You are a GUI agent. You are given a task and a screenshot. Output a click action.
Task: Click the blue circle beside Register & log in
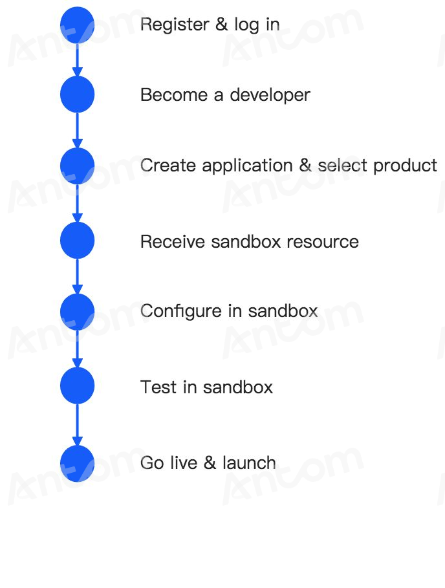(x=77, y=25)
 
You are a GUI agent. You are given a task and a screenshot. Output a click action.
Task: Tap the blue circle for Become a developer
(x=77, y=94)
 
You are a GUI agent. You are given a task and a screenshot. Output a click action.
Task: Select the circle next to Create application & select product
(x=77, y=166)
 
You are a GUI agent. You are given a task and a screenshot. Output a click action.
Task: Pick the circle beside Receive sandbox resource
(x=77, y=240)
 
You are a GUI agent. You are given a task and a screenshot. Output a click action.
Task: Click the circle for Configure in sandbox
(x=77, y=312)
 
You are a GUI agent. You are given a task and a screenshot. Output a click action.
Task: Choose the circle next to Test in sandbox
(x=77, y=386)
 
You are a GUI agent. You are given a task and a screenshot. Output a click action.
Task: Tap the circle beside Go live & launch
(x=77, y=464)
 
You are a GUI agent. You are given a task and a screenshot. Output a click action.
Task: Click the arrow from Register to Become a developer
(x=77, y=60)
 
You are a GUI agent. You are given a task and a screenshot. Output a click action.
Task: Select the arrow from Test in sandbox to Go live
(x=77, y=424)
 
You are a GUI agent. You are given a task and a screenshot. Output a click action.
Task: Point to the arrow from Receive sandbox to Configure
(x=77, y=276)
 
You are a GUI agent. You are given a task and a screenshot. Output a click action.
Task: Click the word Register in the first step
(x=175, y=25)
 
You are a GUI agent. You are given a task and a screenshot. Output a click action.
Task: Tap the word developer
(x=270, y=95)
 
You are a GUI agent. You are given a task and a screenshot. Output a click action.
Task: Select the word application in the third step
(x=248, y=166)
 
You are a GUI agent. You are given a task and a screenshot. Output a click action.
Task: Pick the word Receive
(x=173, y=241)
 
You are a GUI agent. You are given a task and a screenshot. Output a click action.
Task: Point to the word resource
(x=322, y=242)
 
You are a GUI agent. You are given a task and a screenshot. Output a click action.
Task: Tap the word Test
(x=158, y=387)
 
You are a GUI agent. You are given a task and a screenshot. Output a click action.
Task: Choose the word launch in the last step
(x=249, y=463)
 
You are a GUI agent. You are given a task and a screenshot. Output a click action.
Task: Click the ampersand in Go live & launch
(x=210, y=463)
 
